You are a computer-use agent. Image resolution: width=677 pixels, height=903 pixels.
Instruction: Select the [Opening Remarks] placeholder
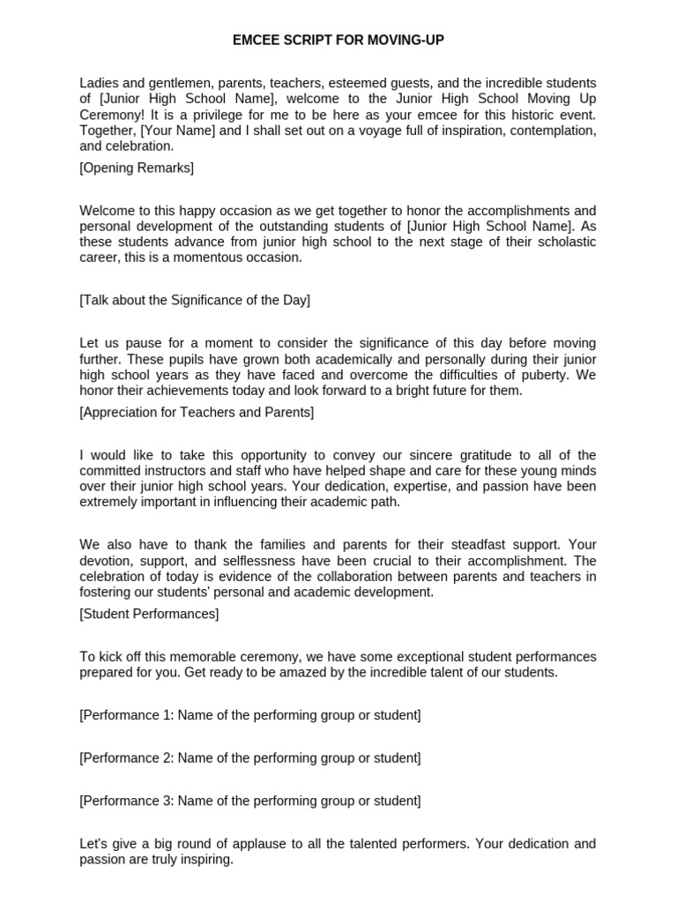[x=137, y=168]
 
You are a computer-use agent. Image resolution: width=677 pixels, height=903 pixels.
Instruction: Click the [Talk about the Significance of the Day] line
[x=195, y=300]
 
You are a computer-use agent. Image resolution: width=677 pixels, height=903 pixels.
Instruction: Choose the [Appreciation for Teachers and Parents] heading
[x=197, y=412]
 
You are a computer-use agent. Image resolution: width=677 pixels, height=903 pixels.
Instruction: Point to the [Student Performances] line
[x=149, y=613]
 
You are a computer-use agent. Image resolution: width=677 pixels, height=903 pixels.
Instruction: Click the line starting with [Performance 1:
[x=250, y=715]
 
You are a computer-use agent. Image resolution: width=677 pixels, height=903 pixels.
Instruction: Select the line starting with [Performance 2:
[x=250, y=757]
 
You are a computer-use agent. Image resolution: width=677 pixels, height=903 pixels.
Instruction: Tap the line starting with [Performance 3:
[x=250, y=801]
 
